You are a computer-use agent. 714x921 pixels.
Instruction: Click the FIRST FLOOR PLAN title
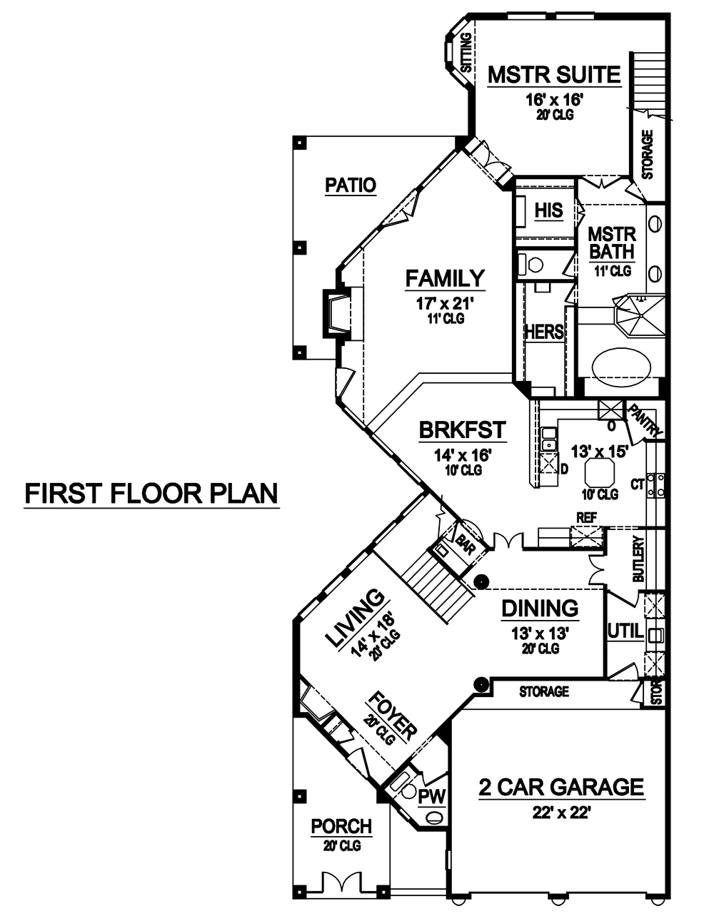click(x=151, y=493)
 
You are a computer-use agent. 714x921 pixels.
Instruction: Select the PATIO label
click(x=350, y=185)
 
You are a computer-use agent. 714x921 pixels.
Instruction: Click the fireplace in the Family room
click(x=338, y=312)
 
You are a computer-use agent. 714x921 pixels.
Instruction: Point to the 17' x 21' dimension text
click(x=445, y=303)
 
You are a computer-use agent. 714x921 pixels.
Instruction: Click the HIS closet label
click(x=548, y=210)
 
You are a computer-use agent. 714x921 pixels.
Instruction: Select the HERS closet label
click(x=544, y=332)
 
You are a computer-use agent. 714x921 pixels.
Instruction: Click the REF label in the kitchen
click(x=588, y=517)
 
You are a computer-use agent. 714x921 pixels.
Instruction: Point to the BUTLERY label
click(x=639, y=560)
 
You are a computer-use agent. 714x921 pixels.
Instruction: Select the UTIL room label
click(x=625, y=631)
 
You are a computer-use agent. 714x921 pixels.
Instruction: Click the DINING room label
click(x=539, y=609)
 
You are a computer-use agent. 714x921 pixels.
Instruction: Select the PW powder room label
click(x=432, y=795)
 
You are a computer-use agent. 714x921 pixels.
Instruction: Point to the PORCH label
click(x=341, y=826)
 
